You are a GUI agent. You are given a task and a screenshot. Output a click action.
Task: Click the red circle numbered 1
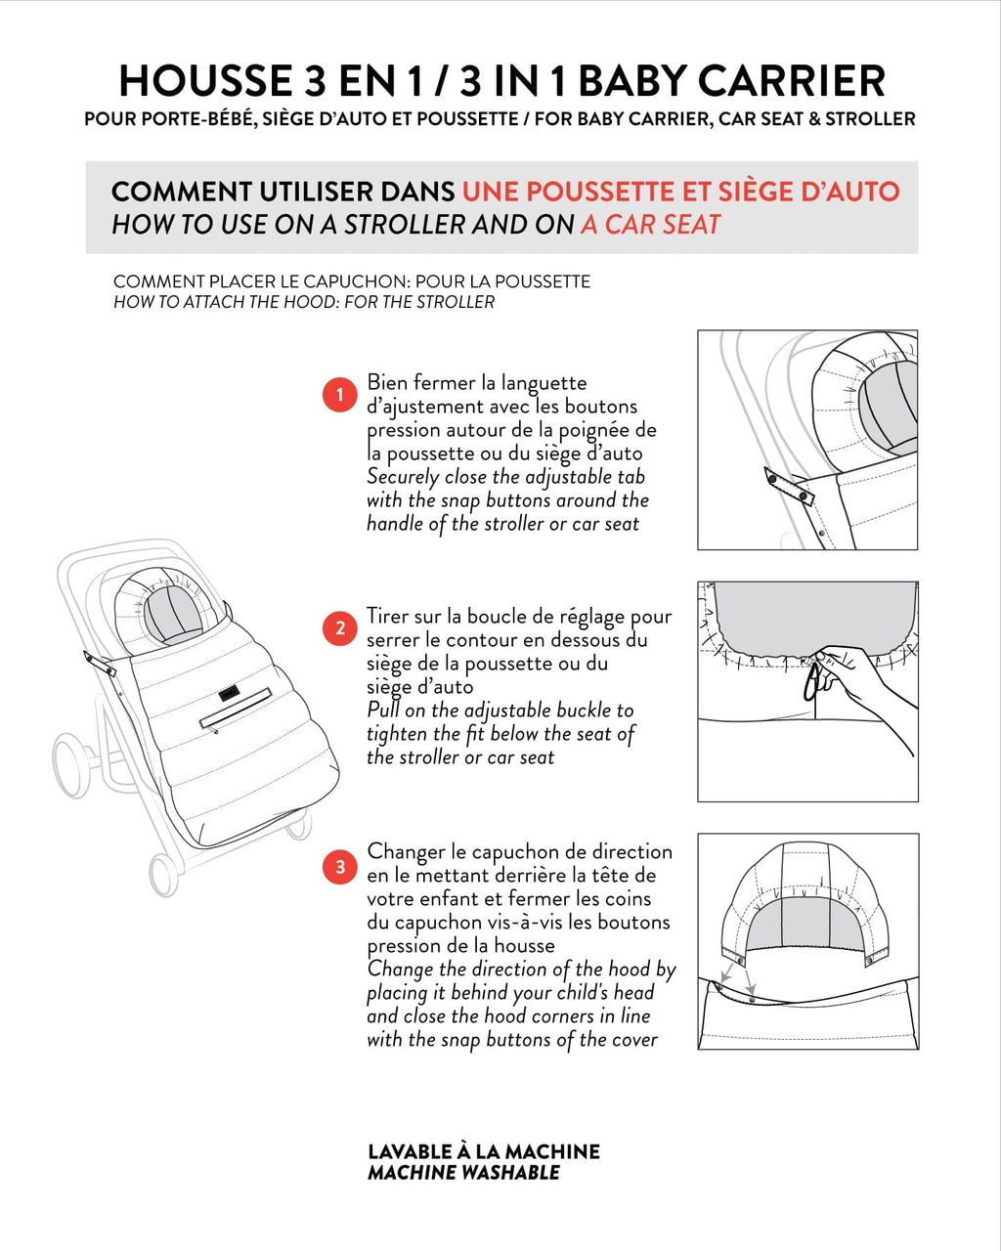point(340,395)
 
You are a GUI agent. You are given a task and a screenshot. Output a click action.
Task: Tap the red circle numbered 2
point(340,628)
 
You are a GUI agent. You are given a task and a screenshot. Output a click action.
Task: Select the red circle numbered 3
point(340,866)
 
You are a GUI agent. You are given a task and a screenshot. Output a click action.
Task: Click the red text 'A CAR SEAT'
point(650,224)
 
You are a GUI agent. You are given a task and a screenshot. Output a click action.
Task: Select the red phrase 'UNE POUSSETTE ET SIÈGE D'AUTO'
point(680,192)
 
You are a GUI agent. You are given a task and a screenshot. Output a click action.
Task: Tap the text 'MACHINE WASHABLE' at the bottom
point(463,1173)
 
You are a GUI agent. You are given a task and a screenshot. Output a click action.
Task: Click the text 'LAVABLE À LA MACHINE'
point(484,1151)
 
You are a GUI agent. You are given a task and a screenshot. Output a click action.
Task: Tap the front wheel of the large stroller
point(164,874)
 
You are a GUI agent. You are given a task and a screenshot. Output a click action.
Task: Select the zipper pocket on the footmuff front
point(235,709)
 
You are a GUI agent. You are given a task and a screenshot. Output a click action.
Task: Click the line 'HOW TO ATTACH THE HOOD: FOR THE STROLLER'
point(304,302)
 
